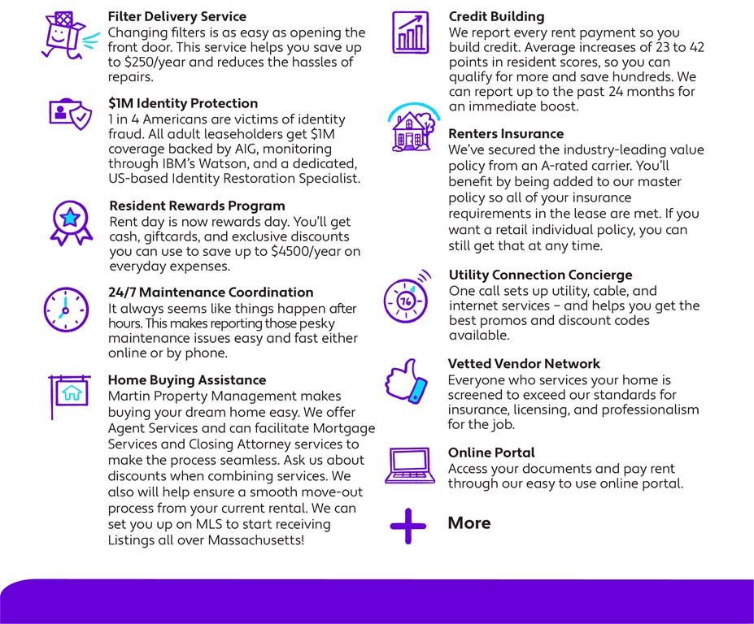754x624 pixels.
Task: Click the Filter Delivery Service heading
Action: pos(177,16)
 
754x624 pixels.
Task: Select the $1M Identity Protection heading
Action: pos(183,103)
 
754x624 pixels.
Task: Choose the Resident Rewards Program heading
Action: pos(197,206)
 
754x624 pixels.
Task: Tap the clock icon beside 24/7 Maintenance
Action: pos(66,309)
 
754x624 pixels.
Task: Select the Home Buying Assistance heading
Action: pos(187,379)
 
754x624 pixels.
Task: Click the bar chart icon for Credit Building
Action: pos(411,32)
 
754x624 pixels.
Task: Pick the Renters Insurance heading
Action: pos(506,133)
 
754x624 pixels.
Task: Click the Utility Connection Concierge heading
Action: pos(540,275)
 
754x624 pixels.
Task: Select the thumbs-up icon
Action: pos(407,382)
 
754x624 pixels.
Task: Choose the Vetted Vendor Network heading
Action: pos(524,363)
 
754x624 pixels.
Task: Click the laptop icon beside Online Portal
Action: pos(410,466)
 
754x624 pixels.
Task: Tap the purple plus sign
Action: pos(408,526)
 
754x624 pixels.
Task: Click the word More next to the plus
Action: pos(469,523)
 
